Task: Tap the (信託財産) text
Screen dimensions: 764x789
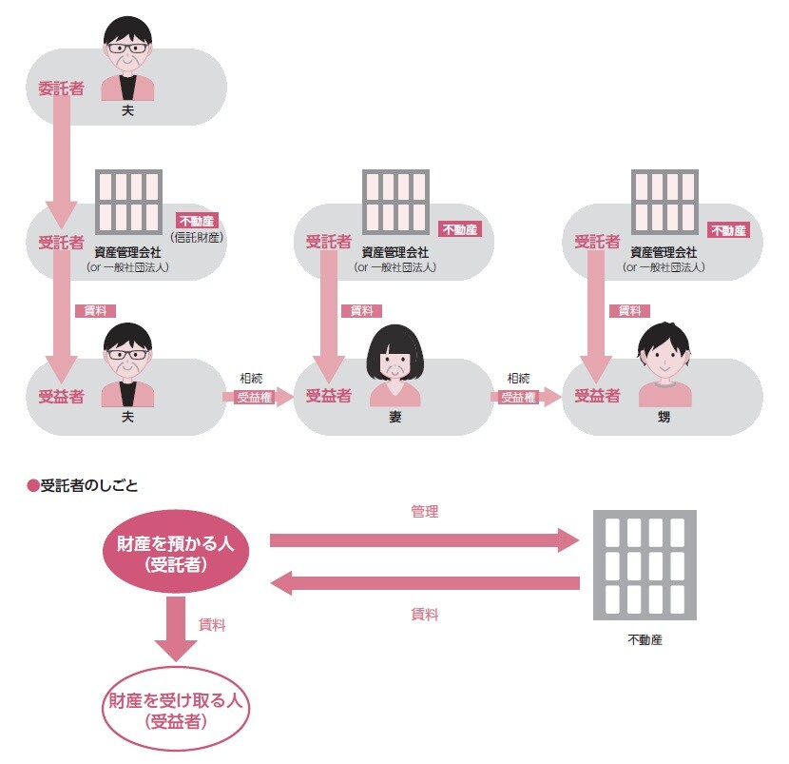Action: click(202, 236)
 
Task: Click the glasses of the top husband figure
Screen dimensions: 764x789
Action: click(126, 47)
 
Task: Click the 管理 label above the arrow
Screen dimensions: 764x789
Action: click(424, 512)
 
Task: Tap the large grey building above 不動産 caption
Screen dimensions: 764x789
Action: click(644, 565)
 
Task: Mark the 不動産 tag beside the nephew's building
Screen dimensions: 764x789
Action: click(728, 230)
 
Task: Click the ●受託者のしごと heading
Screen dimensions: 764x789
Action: click(83, 485)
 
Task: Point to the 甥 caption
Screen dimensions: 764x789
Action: click(664, 417)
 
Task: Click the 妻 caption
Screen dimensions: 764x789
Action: click(394, 417)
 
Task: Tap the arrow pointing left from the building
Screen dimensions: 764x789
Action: click(424, 583)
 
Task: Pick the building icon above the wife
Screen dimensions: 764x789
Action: click(395, 206)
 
